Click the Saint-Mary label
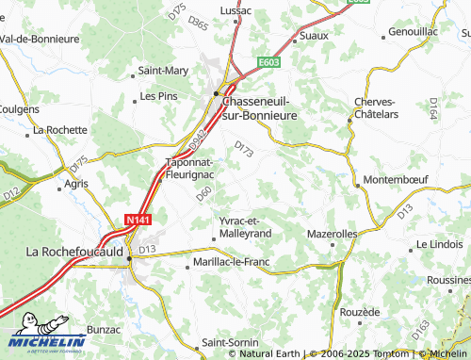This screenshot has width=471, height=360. pos(164,70)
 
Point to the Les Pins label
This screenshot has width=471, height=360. pos(158,96)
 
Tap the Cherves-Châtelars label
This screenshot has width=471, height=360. pos(378,107)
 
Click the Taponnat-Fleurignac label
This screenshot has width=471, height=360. pos(189,168)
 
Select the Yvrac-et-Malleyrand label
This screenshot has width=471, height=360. pos(244,226)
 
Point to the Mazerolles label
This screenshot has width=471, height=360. pos(333,232)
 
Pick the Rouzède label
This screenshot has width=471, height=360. pos(359,311)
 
